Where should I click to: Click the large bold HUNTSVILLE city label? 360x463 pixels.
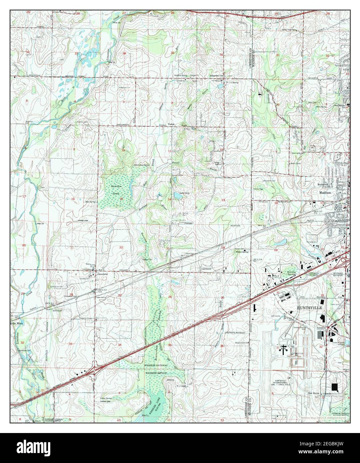coord(308,308)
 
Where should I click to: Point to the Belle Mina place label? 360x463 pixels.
coord(16,323)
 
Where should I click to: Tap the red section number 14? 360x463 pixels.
coord(169,199)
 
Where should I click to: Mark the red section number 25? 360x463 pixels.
coord(222,297)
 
